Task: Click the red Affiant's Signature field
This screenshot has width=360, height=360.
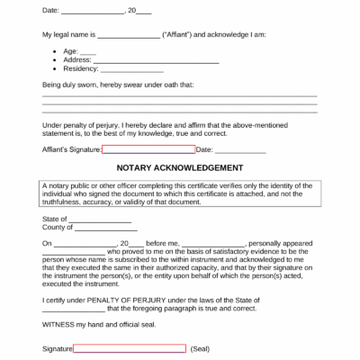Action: [x=148, y=149]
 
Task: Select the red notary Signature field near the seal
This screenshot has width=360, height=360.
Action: [x=130, y=348]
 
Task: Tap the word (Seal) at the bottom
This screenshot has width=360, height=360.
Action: [x=200, y=348]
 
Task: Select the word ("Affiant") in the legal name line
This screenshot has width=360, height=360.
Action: [x=179, y=34]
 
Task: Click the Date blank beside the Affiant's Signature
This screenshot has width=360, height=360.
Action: [x=234, y=149]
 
